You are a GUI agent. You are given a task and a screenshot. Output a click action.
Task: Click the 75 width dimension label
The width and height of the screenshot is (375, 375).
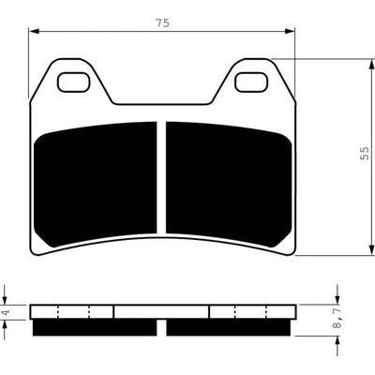(162, 22)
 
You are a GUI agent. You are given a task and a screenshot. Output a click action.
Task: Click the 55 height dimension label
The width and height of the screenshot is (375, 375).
(365, 154)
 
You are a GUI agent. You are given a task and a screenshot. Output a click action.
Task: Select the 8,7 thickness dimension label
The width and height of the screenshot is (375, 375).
(337, 319)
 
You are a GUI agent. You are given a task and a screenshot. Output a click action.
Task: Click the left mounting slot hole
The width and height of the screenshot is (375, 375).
(73, 82)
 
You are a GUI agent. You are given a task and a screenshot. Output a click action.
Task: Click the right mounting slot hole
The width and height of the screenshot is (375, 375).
(251, 82)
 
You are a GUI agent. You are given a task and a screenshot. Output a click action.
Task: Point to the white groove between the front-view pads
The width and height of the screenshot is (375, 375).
(161, 177)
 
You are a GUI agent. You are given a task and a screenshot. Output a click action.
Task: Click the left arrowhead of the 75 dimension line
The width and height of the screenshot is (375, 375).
(33, 31)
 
